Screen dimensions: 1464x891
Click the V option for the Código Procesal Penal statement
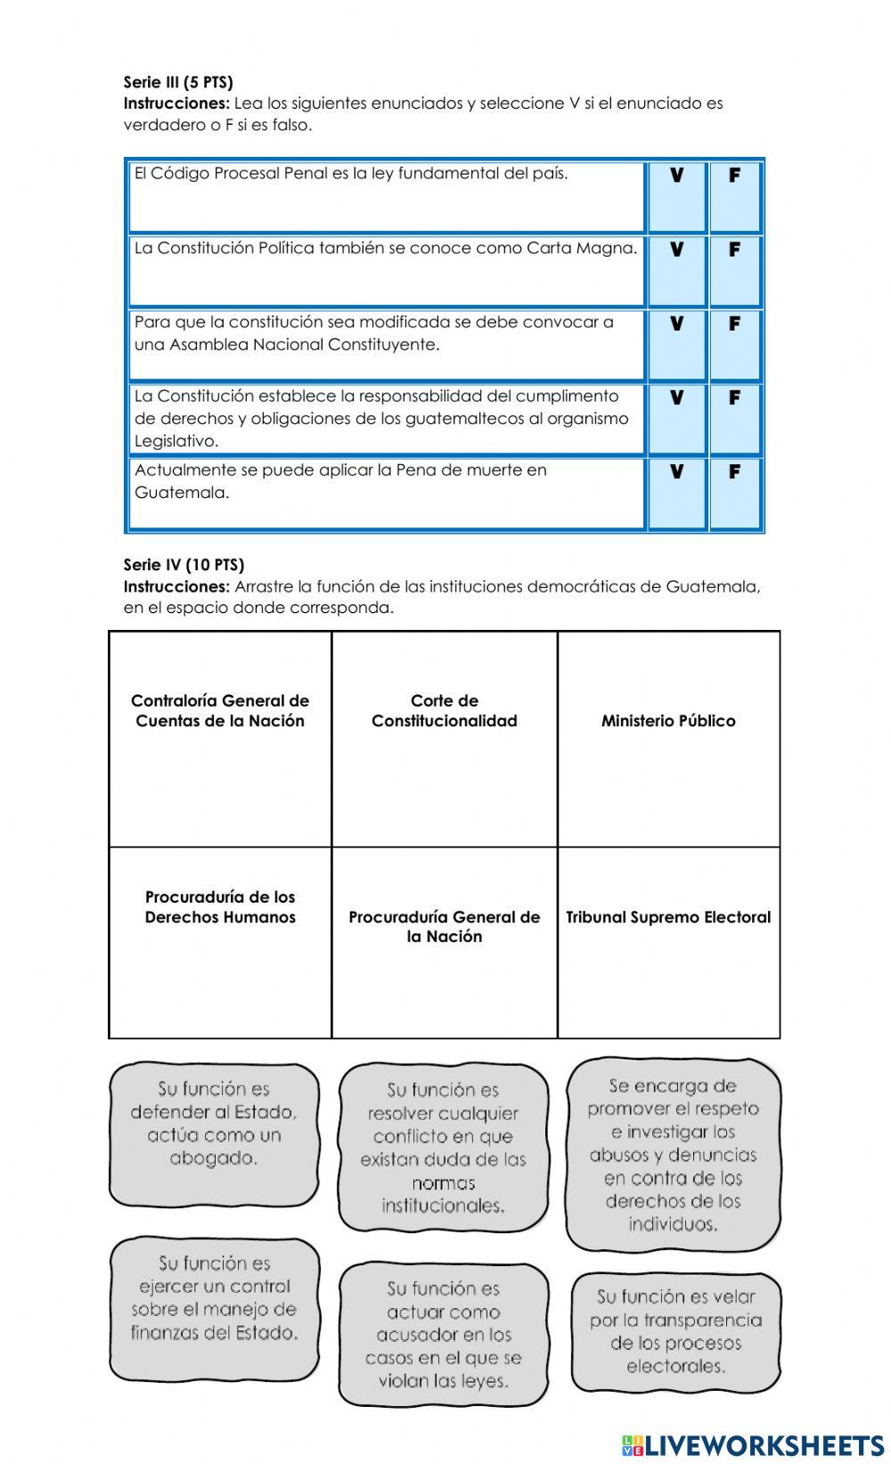point(676,176)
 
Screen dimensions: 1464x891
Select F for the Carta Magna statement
point(734,250)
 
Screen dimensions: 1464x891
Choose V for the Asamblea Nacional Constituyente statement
point(676,324)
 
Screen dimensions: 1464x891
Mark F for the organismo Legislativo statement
point(734,398)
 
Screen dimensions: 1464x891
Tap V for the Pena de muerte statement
point(676,472)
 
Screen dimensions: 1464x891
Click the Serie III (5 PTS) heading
point(178,83)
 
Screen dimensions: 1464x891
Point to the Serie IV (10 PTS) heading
point(184,565)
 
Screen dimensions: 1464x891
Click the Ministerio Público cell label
point(668,721)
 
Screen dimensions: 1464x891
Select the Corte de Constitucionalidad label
point(444,711)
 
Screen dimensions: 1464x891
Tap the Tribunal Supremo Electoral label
point(668,917)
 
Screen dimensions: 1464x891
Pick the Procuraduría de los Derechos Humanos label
point(220,907)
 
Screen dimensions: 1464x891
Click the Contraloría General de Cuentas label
point(220,711)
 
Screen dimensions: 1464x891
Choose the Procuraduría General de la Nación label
point(444,927)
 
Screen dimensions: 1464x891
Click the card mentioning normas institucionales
point(443,1147)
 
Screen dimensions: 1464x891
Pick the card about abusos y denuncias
point(673,1154)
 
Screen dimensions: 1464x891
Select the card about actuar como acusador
point(443,1334)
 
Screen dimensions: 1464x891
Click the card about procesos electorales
point(675,1331)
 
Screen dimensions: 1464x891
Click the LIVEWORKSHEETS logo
point(753,1444)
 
